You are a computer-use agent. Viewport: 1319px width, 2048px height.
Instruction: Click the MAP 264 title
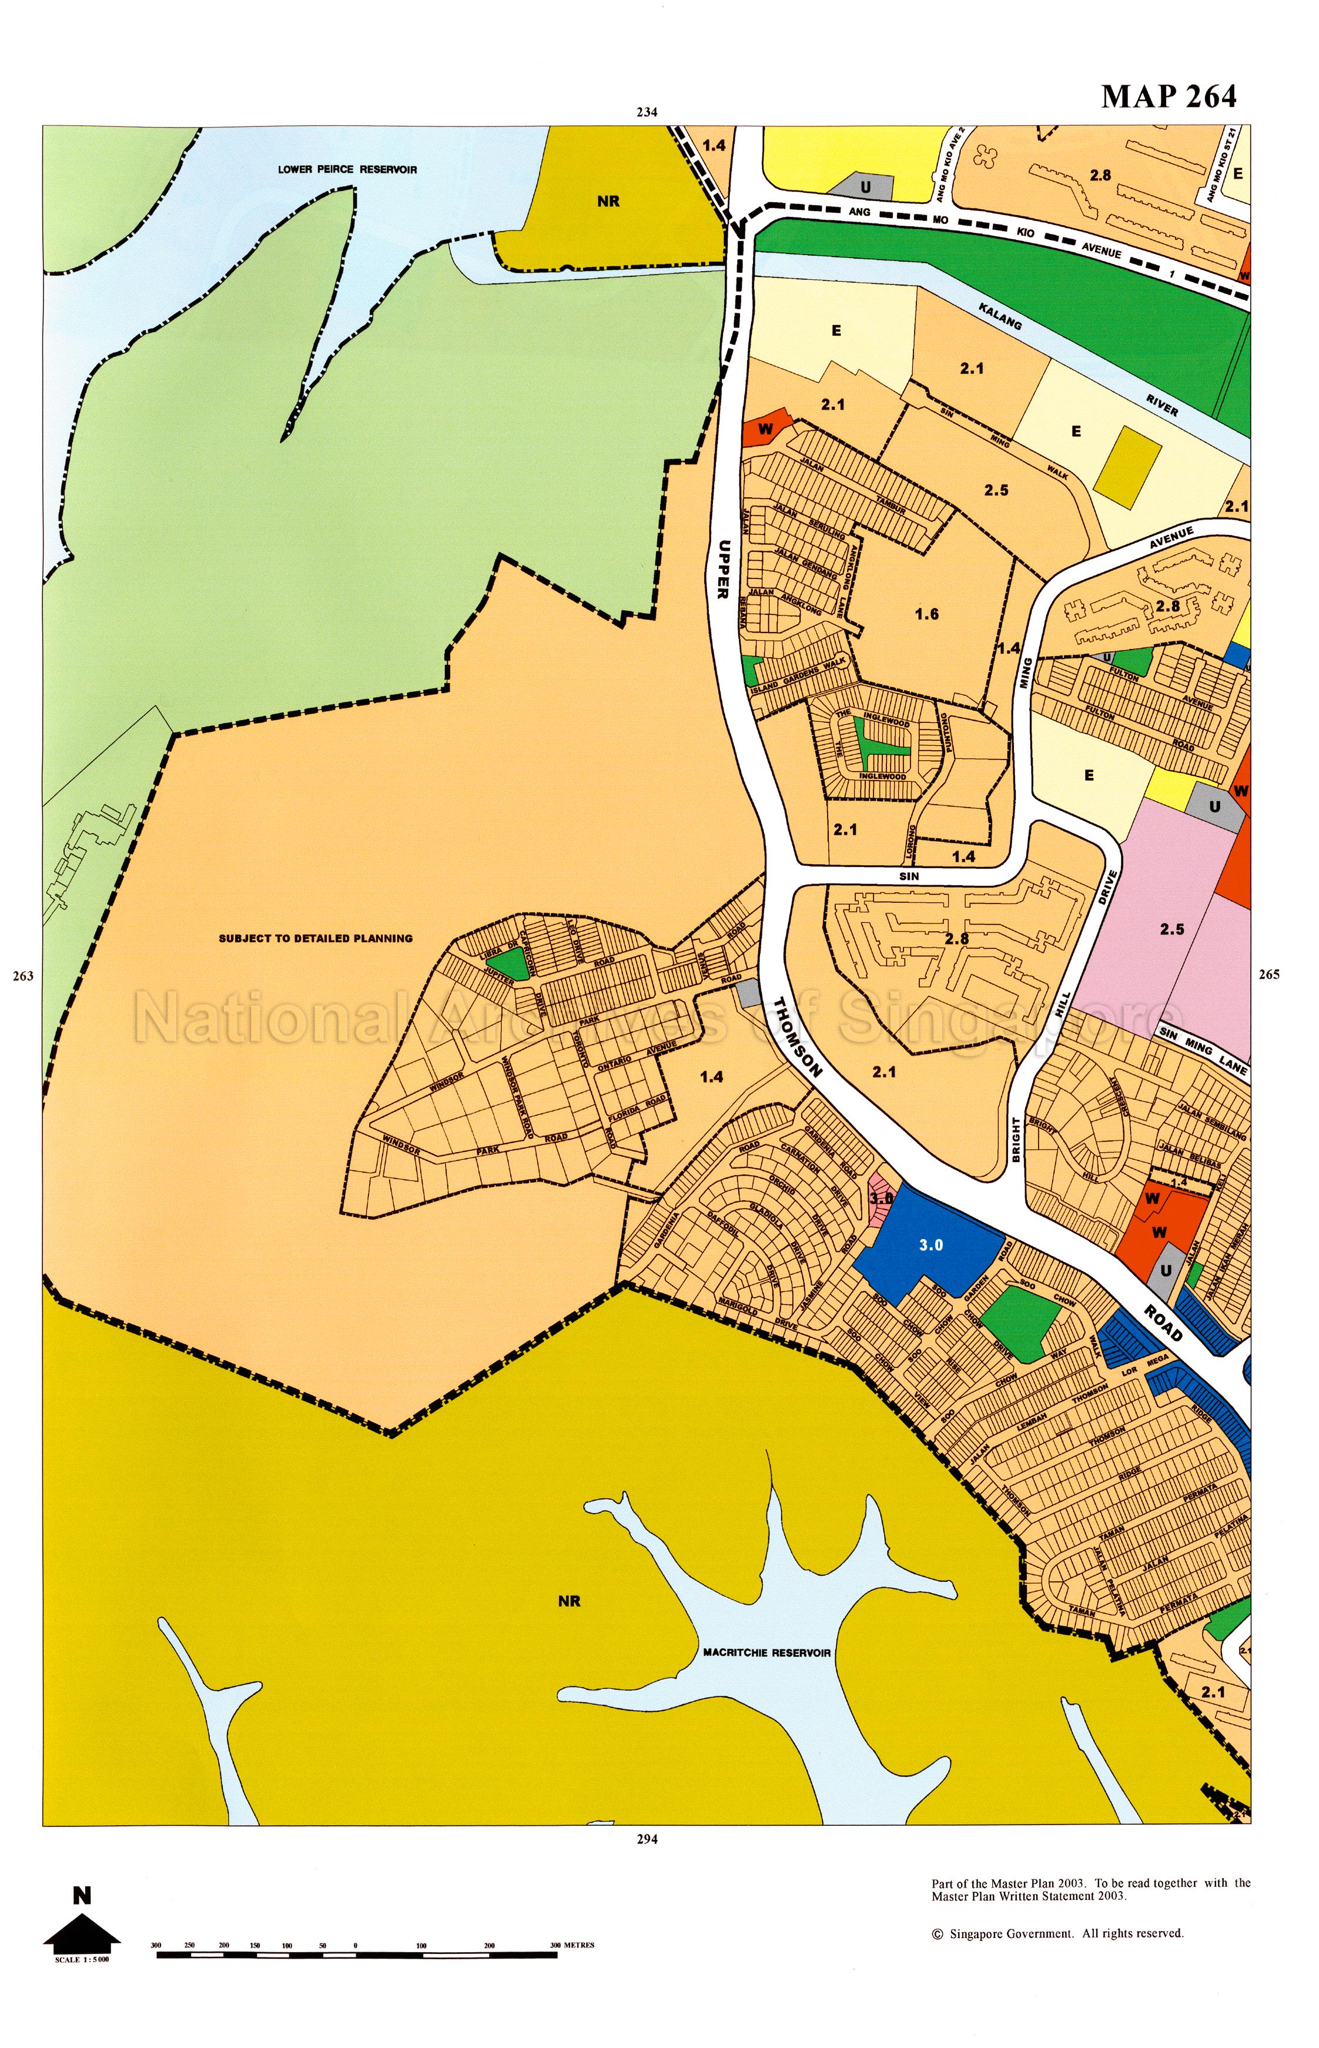point(1169,97)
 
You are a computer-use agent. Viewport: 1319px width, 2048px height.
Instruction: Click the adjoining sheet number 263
point(23,976)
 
